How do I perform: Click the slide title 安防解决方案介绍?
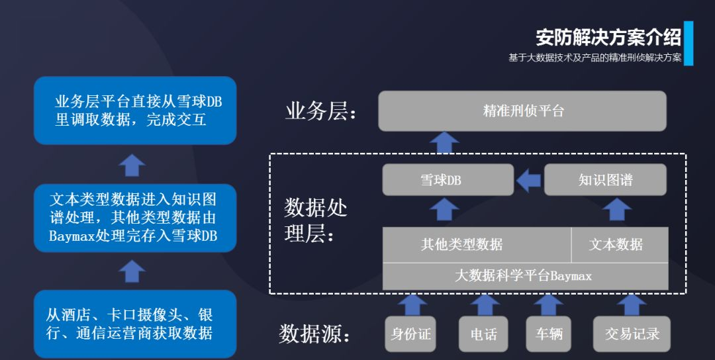pyautogui.click(x=608, y=37)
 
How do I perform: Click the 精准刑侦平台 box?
pyautogui.click(x=522, y=111)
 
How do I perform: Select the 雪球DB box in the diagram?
pyautogui.click(x=448, y=180)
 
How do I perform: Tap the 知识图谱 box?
pyautogui.click(x=604, y=180)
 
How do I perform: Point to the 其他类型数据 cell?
pyautogui.click(x=477, y=244)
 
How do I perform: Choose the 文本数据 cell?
pyautogui.click(x=619, y=244)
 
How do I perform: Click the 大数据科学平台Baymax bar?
pyautogui.click(x=525, y=276)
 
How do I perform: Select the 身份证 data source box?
pyautogui.click(x=410, y=334)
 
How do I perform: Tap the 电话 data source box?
pyautogui.click(x=483, y=334)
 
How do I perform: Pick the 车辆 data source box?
pyautogui.click(x=549, y=334)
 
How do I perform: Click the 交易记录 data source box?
pyautogui.click(x=632, y=334)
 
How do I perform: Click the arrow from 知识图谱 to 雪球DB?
pyautogui.click(x=528, y=180)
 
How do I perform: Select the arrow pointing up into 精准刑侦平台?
pyautogui.click(x=444, y=142)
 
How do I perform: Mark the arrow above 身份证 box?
pyautogui.click(x=412, y=304)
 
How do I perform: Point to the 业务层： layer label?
pyautogui.click(x=321, y=111)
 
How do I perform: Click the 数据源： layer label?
pyautogui.click(x=314, y=334)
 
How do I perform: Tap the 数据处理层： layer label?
pyautogui.click(x=316, y=221)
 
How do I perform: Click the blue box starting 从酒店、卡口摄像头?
pyautogui.click(x=135, y=324)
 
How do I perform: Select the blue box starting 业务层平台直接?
pyautogui.click(x=135, y=111)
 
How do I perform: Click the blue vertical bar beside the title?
pyautogui.click(x=689, y=43)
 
